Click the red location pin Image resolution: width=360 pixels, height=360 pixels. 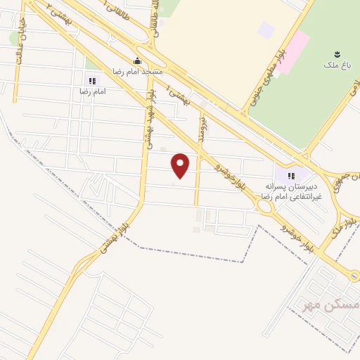181,165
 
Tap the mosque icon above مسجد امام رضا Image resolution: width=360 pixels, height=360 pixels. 137,60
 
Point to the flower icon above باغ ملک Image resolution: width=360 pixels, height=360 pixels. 337,53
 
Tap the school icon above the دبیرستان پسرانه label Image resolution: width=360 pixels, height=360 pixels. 290,175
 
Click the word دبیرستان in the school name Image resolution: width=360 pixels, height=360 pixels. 303,187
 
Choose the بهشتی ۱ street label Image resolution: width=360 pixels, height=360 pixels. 176,96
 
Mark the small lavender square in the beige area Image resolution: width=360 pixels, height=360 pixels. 265,30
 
